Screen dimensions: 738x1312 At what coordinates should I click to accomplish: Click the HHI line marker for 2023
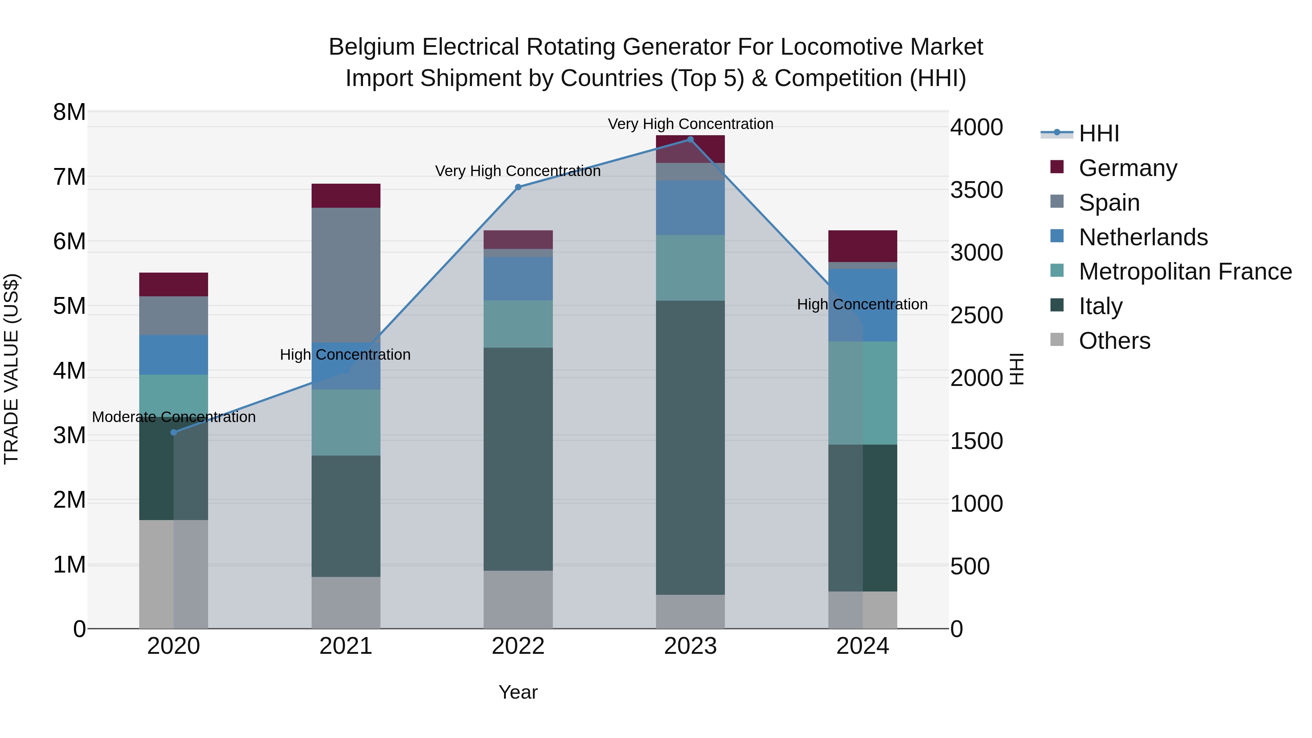690,140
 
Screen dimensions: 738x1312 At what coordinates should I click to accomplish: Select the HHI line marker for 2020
174,432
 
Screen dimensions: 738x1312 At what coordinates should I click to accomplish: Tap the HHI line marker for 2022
518,187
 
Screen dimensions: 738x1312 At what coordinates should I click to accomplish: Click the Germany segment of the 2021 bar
346,196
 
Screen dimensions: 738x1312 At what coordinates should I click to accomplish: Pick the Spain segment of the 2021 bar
346,275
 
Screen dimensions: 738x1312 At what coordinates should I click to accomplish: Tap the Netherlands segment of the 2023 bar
690,208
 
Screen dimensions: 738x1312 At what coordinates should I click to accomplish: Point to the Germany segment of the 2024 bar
862,246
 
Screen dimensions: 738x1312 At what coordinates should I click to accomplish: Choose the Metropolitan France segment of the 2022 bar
518,324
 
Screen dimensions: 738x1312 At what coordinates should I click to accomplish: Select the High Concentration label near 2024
862,305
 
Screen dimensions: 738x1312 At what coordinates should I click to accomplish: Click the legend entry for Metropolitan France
1185,272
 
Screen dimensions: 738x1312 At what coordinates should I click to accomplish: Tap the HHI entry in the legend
1098,133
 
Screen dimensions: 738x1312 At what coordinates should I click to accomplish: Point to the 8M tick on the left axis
69,112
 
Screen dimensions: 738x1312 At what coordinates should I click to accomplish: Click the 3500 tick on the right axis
976,190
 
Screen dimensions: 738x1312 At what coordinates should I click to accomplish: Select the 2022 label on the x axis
518,646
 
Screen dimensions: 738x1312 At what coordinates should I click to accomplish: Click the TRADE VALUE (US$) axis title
11,369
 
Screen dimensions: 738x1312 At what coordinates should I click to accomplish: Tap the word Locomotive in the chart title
836,47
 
